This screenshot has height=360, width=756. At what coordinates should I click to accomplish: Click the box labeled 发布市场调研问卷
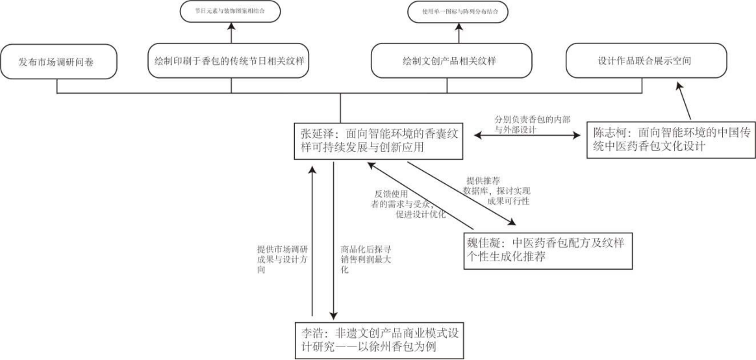[x=58, y=62]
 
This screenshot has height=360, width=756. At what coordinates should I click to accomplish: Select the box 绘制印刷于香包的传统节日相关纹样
[x=231, y=62]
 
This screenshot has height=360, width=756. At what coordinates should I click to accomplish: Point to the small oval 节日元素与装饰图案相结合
[x=231, y=11]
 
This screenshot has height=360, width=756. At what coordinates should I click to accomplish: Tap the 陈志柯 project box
[x=671, y=140]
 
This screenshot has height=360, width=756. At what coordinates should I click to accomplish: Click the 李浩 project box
[x=379, y=340]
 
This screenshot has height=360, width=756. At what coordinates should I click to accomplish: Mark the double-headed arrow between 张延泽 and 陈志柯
[x=527, y=135]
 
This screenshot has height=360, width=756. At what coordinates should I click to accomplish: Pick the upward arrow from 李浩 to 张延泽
[x=312, y=240]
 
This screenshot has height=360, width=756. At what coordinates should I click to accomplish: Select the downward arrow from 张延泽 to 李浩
[x=333, y=240]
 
